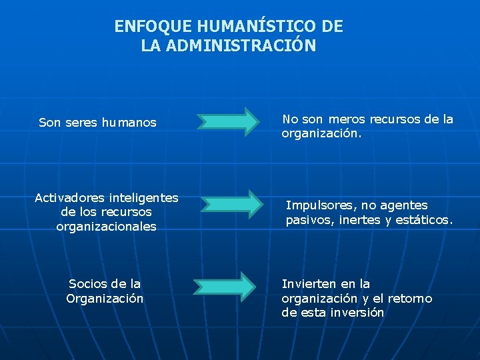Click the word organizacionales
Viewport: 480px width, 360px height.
point(107,227)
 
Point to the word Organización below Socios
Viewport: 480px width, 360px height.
point(105,299)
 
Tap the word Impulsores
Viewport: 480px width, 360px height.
point(317,205)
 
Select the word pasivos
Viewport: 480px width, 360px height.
point(307,219)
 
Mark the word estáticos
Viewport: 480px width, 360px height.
point(425,219)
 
